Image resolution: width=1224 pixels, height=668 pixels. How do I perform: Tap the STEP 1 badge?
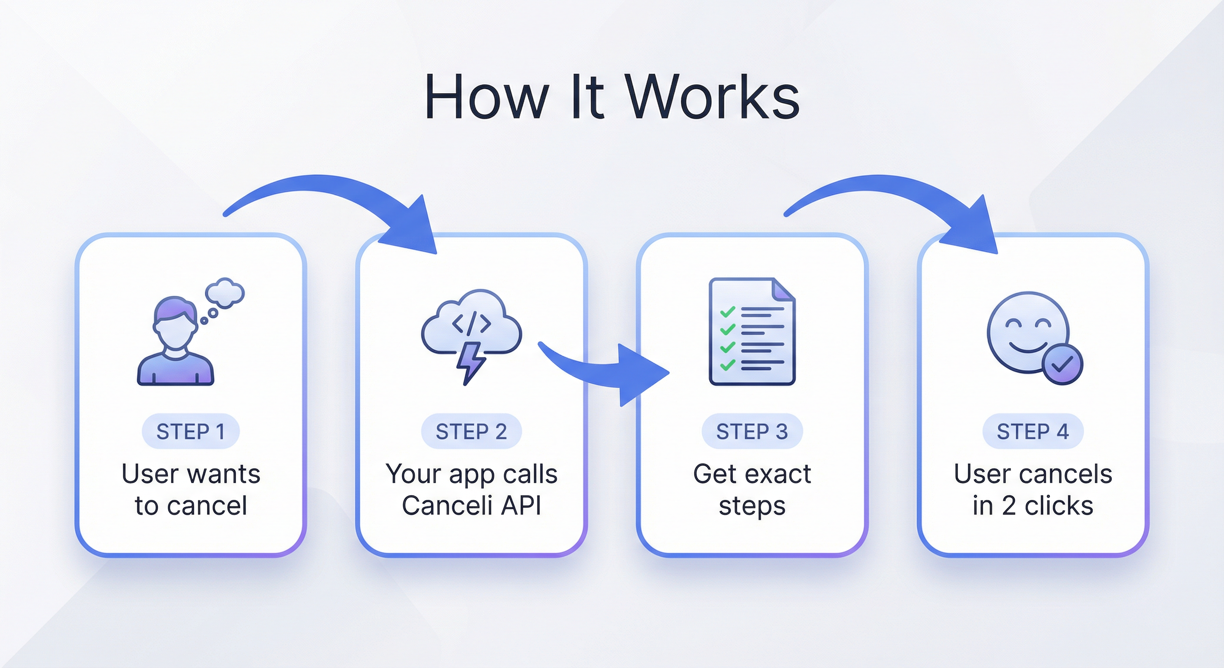point(190,432)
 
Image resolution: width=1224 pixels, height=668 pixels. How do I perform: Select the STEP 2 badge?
point(471,432)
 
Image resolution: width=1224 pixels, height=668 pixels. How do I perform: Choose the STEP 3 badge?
point(752,432)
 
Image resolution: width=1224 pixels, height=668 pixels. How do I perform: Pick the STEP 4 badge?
point(1032,432)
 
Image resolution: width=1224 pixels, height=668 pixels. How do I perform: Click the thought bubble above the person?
point(224,292)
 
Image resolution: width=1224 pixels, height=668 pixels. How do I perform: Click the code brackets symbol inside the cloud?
point(471,323)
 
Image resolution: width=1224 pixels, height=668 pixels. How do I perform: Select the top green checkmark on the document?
point(728,311)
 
